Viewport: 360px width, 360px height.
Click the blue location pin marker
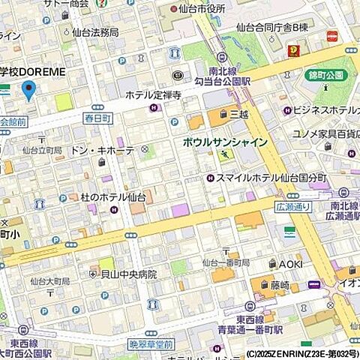tap(28, 90)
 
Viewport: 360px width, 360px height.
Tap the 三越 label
tap(238, 114)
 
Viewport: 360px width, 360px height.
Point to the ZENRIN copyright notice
tap(300, 353)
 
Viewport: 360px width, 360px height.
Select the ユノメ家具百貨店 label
tap(324, 133)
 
